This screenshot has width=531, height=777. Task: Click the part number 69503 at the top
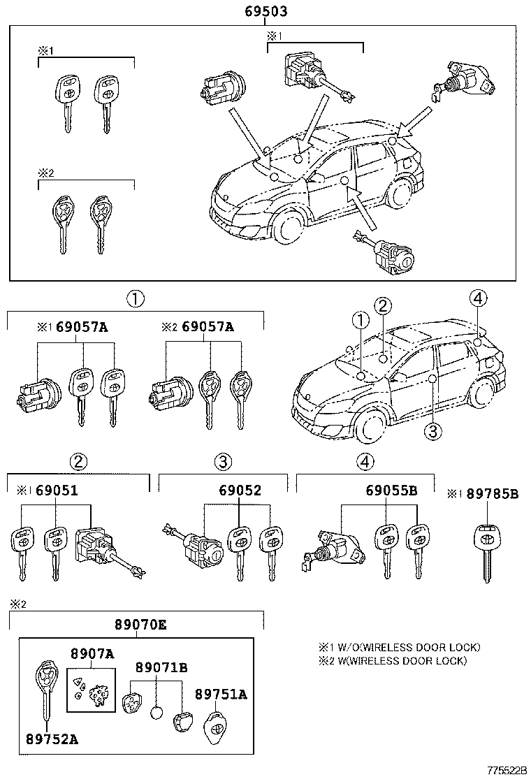pyautogui.click(x=266, y=12)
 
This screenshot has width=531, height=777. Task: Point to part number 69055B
pyautogui.click(x=391, y=491)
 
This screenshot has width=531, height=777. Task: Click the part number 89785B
pyautogui.click(x=493, y=494)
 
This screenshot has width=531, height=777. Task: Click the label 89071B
pyautogui.click(x=161, y=667)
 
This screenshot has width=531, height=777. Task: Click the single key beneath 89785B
pyautogui.click(x=486, y=549)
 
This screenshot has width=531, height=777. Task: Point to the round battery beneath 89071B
pyautogui.click(x=157, y=713)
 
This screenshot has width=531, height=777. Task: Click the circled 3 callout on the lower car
pyautogui.click(x=432, y=431)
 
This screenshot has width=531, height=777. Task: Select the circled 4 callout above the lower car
pyautogui.click(x=478, y=299)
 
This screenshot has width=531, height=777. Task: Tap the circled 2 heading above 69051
pyautogui.click(x=78, y=462)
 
